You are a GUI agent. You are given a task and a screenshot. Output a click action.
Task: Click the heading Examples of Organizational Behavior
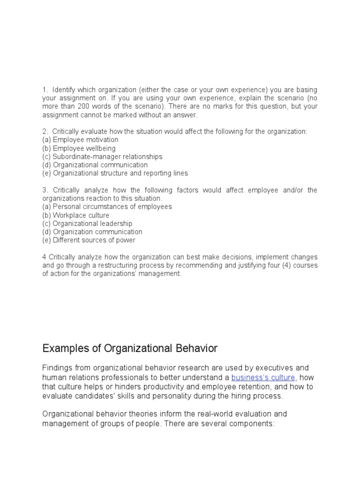pos(130,348)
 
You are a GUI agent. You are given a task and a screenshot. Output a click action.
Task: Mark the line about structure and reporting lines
pos(115,173)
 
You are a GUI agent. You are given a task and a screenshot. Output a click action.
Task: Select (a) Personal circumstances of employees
pos(107,207)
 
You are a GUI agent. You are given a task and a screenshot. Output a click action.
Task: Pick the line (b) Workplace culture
pos(75,215)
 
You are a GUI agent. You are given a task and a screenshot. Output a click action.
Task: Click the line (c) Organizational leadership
pos(87,224)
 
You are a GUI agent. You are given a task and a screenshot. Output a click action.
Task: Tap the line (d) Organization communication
pos(92,232)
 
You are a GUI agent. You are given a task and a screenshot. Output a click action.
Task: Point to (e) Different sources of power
pos(89,240)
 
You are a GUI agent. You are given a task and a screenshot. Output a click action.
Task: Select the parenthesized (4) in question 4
pos(283,266)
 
